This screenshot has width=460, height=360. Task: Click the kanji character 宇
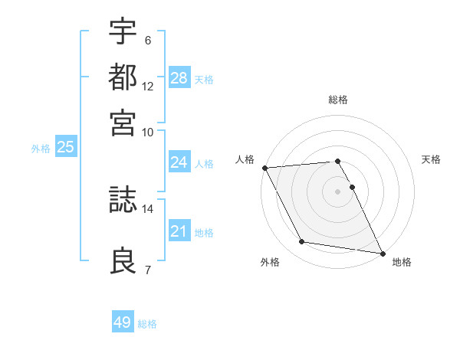(123, 31)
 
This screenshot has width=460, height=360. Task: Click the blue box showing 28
(179, 78)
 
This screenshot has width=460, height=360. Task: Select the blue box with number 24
(179, 162)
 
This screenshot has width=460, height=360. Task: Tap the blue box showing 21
(179, 232)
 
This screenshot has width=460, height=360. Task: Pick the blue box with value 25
(65, 147)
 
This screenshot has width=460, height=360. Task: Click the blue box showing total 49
(123, 322)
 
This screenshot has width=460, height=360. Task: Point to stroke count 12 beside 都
(148, 87)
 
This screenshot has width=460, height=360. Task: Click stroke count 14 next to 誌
(148, 208)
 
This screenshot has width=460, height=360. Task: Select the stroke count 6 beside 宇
(148, 40)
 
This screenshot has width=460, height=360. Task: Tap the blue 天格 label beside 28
(204, 79)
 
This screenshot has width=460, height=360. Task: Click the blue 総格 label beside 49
(147, 324)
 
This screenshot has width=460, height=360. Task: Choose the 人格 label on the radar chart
(245, 159)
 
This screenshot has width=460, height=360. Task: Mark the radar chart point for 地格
(381, 252)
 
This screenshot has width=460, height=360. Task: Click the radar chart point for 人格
(264, 168)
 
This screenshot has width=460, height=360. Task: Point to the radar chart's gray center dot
(337, 191)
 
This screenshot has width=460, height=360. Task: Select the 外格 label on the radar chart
(270, 262)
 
